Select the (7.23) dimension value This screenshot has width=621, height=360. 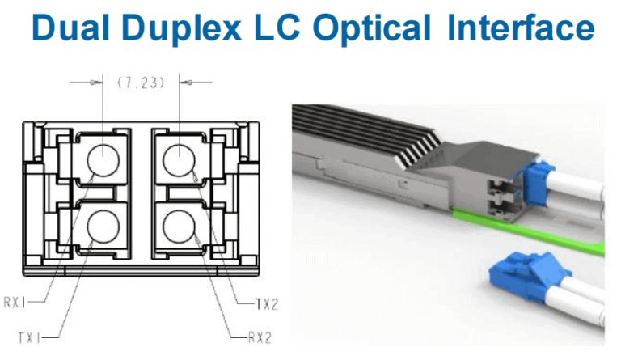(141, 82)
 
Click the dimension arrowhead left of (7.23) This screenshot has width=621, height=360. (98, 82)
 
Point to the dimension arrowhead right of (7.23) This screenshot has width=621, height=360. (184, 82)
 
